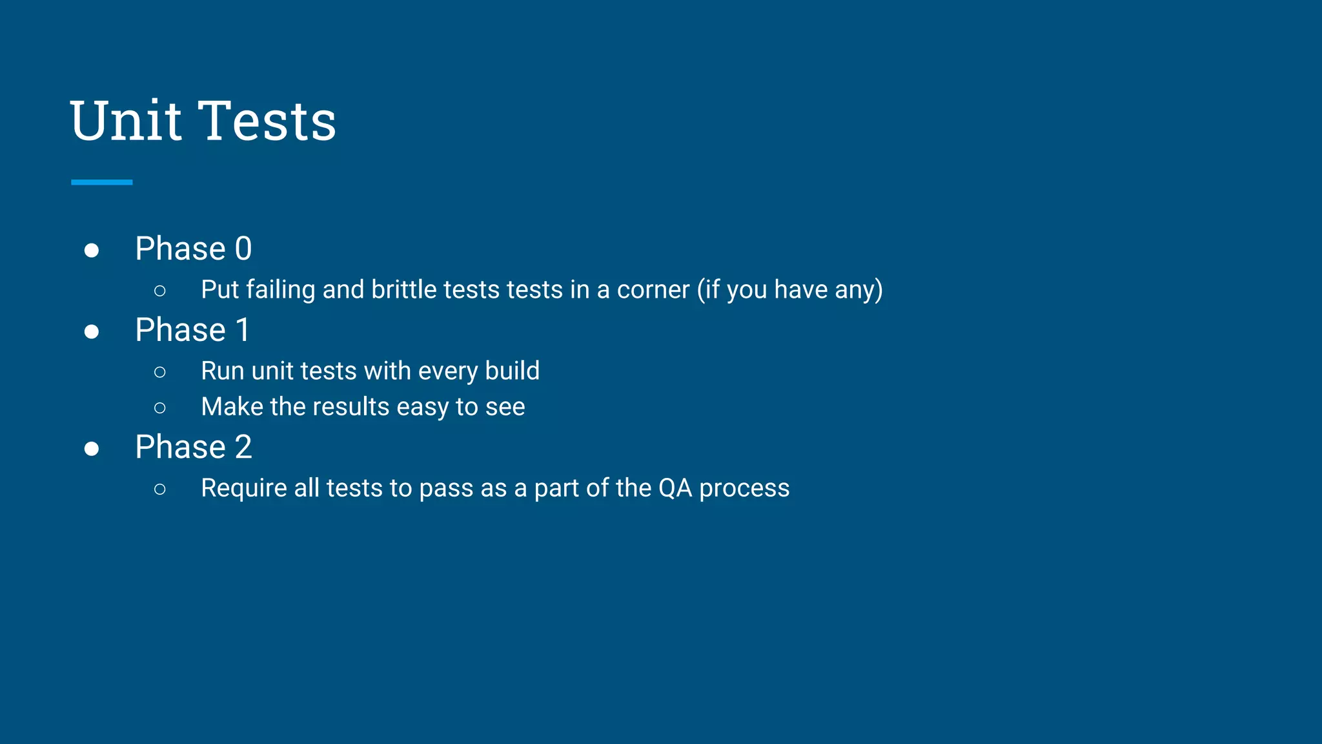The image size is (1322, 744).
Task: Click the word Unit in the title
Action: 127,121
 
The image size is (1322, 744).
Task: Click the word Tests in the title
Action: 267,121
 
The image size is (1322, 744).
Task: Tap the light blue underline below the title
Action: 102,183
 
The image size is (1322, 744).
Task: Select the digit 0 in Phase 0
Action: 243,249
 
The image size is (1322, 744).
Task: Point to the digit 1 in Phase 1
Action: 243,331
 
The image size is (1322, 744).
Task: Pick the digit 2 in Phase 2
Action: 243,448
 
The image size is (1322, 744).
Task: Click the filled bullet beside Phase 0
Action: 92,251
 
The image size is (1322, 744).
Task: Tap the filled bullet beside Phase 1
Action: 92,332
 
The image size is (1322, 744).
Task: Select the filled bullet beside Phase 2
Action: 92,449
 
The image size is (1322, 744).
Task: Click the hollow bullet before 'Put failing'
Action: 160,291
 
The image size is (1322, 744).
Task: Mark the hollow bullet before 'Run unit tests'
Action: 160,372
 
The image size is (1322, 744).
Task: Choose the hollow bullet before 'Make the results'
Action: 160,408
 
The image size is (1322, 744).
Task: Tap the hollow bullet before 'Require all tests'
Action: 160,490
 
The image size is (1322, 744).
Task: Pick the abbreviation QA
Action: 675,489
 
